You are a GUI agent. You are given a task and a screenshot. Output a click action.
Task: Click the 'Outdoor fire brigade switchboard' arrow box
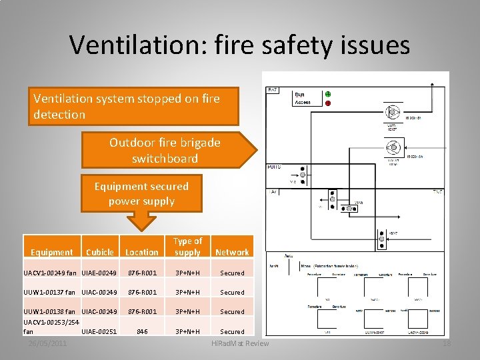click(165, 151)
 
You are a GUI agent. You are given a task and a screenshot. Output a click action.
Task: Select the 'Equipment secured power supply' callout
click(141, 194)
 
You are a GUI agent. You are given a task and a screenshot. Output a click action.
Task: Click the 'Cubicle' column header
click(100, 253)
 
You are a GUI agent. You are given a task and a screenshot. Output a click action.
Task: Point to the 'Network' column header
click(232, 253)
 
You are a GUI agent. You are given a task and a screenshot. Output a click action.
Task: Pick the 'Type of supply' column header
click(187, 247)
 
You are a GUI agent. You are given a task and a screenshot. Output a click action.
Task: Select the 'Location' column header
click(142, 253)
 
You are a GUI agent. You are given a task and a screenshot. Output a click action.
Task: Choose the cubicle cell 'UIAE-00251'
click(99, 331)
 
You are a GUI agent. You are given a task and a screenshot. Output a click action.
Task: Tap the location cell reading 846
click(142, 331)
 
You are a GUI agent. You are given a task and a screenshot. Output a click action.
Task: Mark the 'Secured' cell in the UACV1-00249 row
click(232, 273)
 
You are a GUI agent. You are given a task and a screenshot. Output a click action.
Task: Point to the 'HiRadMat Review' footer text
click(240, 343)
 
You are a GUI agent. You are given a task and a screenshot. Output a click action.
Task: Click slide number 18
click(447, 343)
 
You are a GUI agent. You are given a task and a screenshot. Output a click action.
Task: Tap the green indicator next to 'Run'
click(327, 94)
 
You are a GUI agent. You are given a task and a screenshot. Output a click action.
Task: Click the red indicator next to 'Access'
click(327, 103)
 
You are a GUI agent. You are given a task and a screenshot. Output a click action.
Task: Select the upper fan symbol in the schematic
click(393, 111)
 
